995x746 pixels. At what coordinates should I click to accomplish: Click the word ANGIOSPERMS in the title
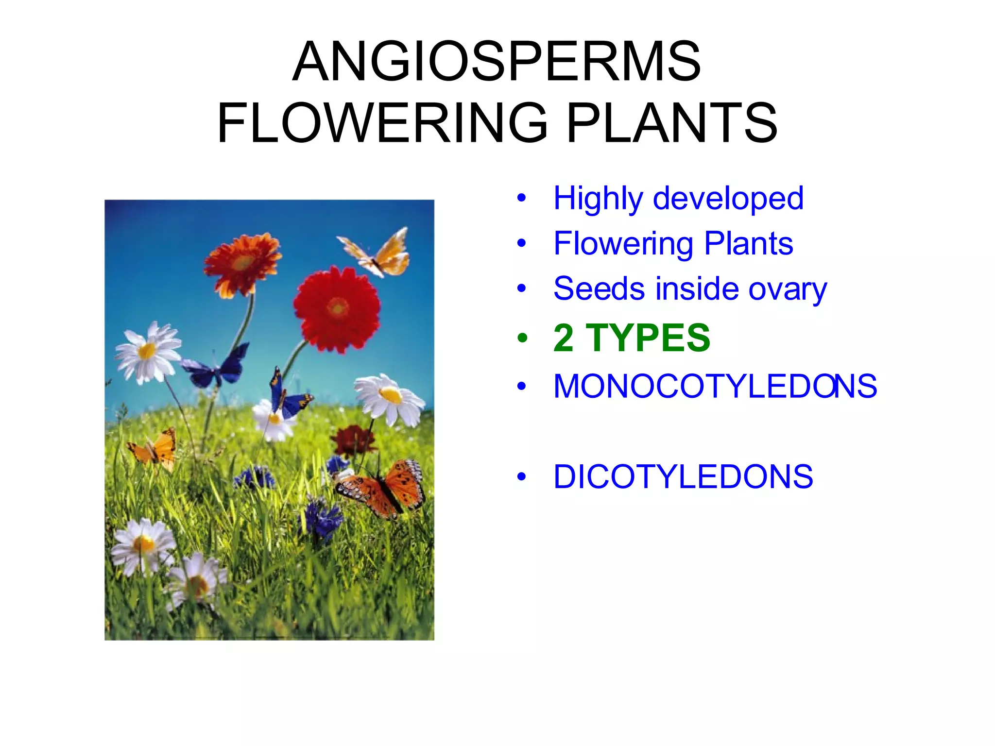[x=497, y=62]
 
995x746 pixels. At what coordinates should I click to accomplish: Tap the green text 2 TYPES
[x=632, y=338]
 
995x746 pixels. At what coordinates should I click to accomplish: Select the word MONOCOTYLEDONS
[x=715, y=387]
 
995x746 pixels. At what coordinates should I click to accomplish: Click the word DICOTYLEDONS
[x=683, y=477]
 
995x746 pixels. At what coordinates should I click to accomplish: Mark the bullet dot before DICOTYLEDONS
[x=522, y=477]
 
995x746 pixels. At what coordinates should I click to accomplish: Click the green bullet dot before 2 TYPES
[x=522, y=338]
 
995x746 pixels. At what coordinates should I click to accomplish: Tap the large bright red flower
[x=337, y=309]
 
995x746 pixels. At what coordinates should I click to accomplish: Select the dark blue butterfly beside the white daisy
[x=216, y=367]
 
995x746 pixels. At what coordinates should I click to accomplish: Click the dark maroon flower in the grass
[x=354, y=440]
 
